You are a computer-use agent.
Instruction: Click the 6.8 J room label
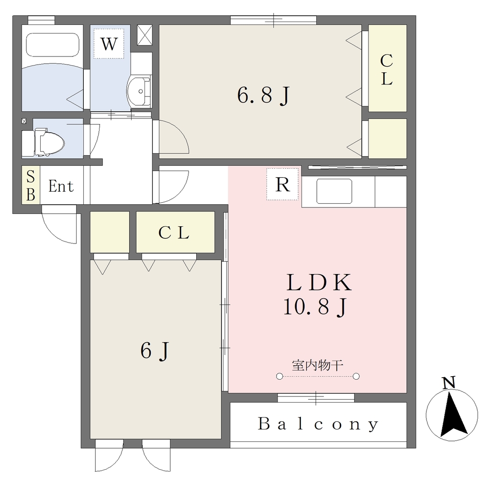pos(264,95)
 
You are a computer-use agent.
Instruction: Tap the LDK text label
pos(319,282)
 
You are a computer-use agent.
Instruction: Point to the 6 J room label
pos(155,350)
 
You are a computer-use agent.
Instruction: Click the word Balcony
pos(318,424)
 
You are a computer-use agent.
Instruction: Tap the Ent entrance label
pos(61,186)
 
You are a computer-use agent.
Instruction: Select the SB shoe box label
pos(31,185)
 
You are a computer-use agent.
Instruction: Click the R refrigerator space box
pos(282,185)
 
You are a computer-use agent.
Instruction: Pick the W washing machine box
pos(109,44)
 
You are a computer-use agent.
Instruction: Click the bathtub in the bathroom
pos(53,45)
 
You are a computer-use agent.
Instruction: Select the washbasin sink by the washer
pos(139,91)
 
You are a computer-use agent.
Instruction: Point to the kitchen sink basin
pos(334,191)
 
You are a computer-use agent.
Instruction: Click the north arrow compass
pos(452,415)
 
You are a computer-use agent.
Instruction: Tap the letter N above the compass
pos(449,383)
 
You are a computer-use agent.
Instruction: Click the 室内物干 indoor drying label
pos(318,365)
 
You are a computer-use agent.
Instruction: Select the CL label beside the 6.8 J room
pos(387,69)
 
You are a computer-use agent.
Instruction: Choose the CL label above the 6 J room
pos(174,232)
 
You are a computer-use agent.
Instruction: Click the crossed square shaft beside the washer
pos(145,35)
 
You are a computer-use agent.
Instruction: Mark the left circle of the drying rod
pos(279,376)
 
